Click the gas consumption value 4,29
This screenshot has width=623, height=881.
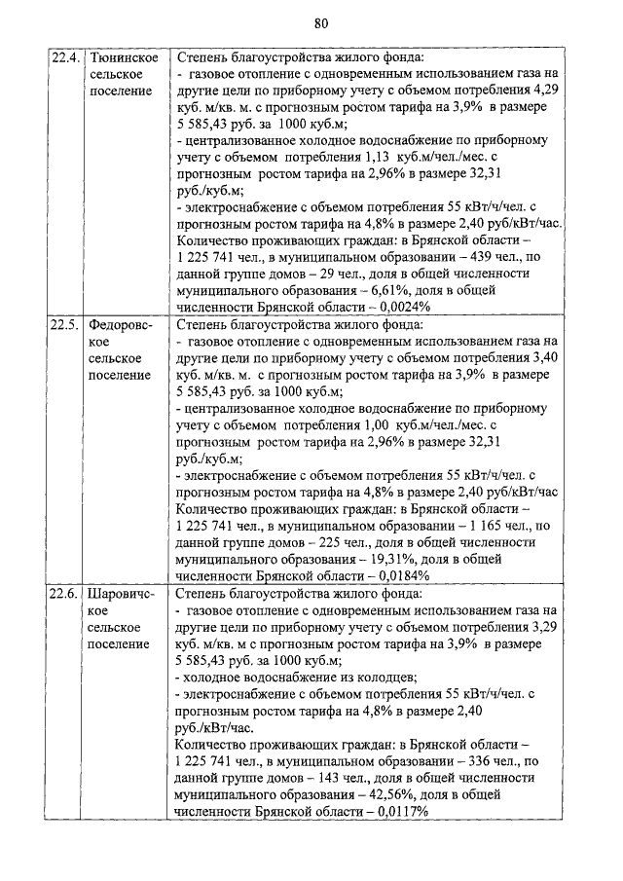pyautogui.click(x=550, y=91)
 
